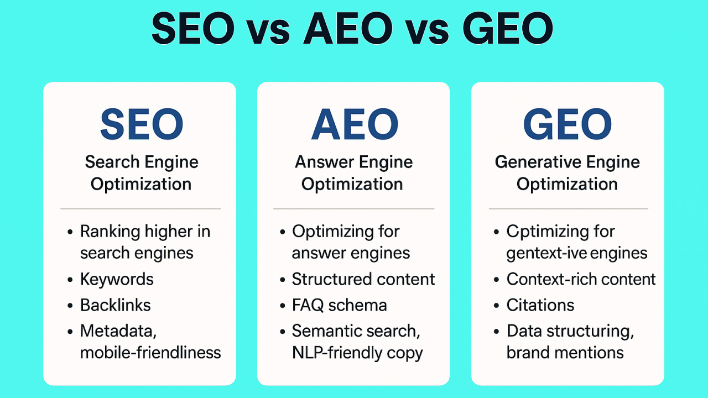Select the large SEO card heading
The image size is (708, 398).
141,124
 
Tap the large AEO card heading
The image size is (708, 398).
354,124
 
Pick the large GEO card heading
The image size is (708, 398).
568,124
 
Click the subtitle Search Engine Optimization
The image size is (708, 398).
141,173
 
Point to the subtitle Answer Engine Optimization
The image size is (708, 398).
353,173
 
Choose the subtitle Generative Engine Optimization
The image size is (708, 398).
568,173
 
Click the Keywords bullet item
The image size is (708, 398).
117,279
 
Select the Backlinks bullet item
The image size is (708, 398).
115,305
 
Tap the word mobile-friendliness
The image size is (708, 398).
150,353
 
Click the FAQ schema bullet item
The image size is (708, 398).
339,305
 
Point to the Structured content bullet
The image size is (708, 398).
363,279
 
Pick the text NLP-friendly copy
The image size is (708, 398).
357,353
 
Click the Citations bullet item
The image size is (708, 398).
540,305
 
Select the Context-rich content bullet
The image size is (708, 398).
581,279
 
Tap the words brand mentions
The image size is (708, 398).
565,353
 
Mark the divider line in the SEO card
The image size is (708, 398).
140,209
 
